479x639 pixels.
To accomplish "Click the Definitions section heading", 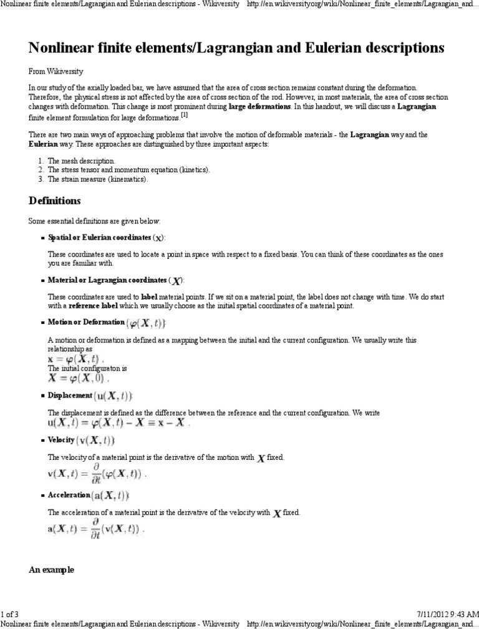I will coord(55,201).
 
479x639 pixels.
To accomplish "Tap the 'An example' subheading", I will coord(52,570).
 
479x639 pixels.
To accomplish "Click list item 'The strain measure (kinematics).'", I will coord(99,179).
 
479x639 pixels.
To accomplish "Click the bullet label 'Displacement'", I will coord(70,396).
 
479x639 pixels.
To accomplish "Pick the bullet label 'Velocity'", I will coord(61,440).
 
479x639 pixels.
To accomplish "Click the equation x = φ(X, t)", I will coord(76,359).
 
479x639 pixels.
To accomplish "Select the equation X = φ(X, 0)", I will coord(79,378).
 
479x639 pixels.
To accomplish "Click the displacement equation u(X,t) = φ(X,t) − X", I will coord(119,422).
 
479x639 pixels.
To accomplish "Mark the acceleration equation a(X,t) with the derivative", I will coord(96,529).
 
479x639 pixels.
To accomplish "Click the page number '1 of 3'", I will coord(11,615).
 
